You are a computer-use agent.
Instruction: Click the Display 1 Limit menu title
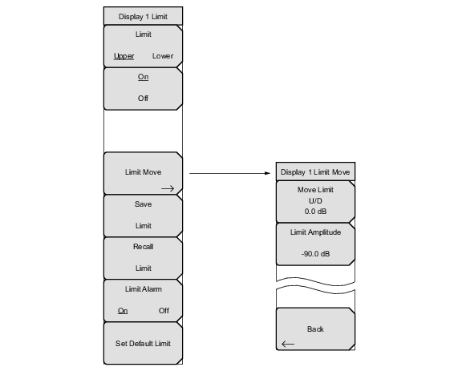tap(143, 16)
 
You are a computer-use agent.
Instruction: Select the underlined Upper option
tap(124, 56)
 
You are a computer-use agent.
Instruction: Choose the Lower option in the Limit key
tap(163, 56)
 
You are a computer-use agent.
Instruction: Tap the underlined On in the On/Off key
tap(143, 77)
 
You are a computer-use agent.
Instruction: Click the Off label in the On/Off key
tap(143, 98)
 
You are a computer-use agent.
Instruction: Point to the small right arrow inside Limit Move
tap(168, 188)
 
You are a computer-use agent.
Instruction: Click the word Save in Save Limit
tap(143, 204)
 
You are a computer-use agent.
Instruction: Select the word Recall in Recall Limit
tap(143, 247)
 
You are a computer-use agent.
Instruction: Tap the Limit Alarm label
tap(143, 289)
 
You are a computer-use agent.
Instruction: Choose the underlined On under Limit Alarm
tap(123, 311)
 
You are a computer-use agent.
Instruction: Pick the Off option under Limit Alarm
tap(164, 311)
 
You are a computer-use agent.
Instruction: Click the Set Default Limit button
tap(143, 343)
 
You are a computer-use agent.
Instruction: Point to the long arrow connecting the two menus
tap(230, 173)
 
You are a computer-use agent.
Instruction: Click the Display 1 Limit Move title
tap(315, 172)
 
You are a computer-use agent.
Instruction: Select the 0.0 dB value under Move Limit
tap(315, 212)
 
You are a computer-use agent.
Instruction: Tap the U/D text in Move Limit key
tap(315, 201)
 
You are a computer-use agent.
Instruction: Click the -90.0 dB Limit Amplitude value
tap(315, 254)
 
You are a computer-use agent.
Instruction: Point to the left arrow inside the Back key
tap(288, 344)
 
